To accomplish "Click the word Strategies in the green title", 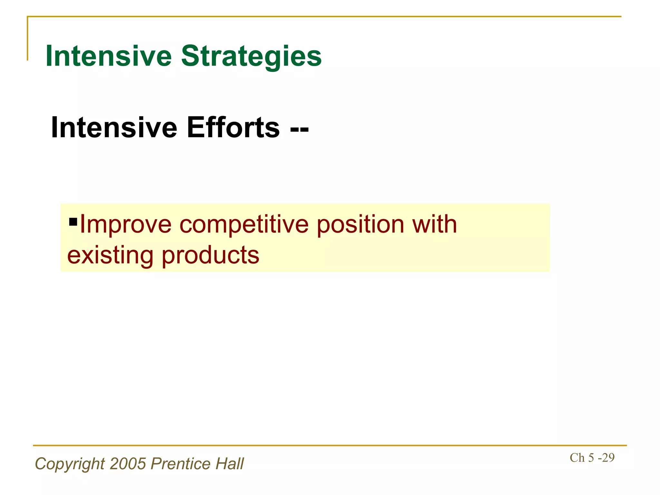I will tap(251, 56).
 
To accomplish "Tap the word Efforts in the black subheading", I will tap(233, 128).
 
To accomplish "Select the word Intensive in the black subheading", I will tap(114, 128).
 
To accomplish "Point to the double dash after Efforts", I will tap(299, 129).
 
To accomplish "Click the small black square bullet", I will tap(73, 222).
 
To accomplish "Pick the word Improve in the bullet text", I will tap(126, 225).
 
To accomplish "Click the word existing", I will tap(110, 255).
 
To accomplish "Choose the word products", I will tap(210, 256).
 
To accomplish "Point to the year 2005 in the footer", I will tap(128, 464).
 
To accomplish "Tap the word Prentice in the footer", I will tap(180, 464).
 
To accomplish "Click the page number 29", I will tap(608, 458).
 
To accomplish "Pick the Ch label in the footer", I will tap(577, 458).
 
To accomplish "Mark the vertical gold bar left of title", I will tap(27, 39).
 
